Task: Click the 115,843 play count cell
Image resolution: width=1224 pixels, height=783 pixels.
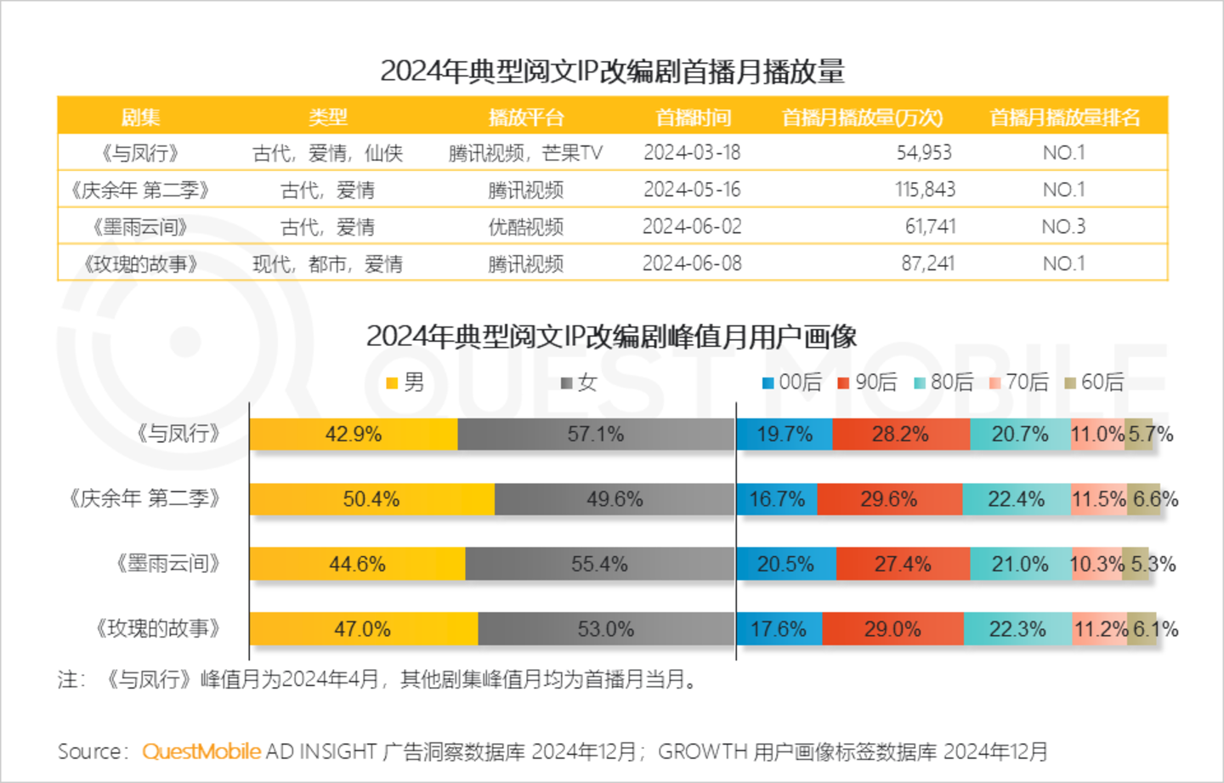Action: tap(925, 190)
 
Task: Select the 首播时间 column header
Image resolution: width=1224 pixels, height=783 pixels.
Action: tap(693, 117)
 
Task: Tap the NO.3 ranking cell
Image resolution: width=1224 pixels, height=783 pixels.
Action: tap(1063, 227)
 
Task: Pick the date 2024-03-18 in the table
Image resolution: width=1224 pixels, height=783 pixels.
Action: tap(692, 153)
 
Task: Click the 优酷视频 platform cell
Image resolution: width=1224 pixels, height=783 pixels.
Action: tap(525, 227)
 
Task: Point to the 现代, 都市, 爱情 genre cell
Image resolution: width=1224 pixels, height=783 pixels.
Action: tap(327, 264)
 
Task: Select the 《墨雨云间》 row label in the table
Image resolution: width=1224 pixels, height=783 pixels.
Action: tap(140, 227)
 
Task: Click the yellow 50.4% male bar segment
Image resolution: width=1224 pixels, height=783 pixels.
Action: tap(371, 499)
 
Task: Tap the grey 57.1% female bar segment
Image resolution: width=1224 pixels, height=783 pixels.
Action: tap(595, 434)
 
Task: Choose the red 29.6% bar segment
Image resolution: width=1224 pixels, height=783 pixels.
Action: tap(889, 499)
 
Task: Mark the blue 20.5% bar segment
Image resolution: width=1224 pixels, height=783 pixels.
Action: tap(785, 565)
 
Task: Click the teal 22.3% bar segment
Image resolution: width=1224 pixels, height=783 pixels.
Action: tap(1017, 629)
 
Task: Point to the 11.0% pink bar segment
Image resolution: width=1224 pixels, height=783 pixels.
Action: tap(1097, 434)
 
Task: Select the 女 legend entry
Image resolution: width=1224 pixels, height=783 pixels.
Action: tap(580, 383)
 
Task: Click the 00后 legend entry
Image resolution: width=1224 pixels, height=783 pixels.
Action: tap(792, 383)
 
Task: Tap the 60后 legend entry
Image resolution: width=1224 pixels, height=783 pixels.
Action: tap(1095, 383)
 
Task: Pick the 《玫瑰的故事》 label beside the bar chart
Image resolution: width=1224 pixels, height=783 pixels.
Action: tap(158, 629)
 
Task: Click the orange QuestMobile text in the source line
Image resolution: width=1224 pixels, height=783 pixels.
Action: tap(201, 752)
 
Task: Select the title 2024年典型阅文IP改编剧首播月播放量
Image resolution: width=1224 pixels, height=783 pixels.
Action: tap(612, 71)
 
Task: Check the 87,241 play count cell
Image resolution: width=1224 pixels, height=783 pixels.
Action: tap(927, 264)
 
